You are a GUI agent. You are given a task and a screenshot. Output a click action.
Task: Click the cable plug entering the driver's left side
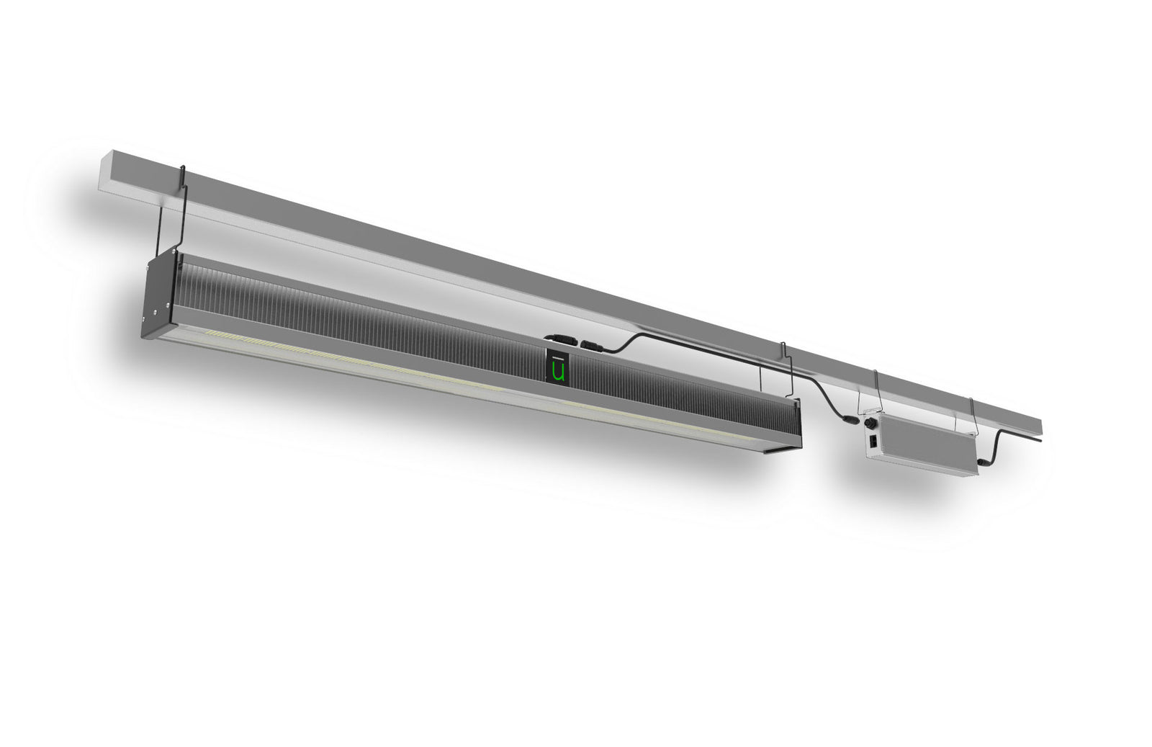pyautogui.click(x=850, y=417)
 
